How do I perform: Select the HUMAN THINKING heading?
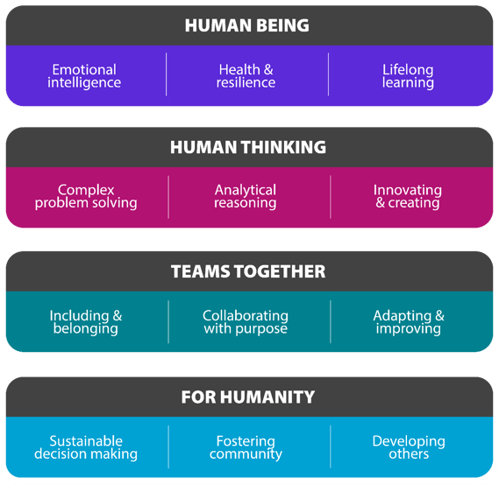click(248, 148)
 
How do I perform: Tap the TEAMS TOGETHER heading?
click(247, 271)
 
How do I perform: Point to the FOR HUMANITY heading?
click(247, 397)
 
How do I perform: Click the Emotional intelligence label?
click(84, 76)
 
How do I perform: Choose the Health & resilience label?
click(246, 76)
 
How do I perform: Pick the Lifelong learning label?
click(408, 76)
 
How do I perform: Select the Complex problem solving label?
click(86, 196)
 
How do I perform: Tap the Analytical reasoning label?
click(246, 196)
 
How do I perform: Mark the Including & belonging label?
click(86, 321)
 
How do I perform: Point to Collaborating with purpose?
click(246, 321)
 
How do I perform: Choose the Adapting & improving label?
click(408, 321)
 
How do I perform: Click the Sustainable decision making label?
click(86, 447)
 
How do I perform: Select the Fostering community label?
click(246, 447)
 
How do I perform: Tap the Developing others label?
click(408, 447)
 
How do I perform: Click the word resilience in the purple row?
click(246, 83)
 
